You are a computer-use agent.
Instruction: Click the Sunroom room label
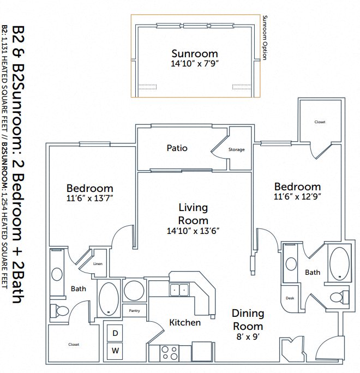click(195, 54)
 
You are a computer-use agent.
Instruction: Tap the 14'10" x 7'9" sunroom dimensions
click(195, 64)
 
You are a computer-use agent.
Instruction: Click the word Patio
click(177, 148)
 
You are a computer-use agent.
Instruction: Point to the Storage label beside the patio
click(237, 149)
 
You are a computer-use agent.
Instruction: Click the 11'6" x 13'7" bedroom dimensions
click(90, 198)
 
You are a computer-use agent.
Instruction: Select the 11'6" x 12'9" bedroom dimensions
click(297, 196)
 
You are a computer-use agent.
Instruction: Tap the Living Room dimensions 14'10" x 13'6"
click(194, 230)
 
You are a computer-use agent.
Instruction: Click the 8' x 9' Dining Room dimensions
click(248, 338)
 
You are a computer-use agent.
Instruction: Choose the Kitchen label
click(185, 322)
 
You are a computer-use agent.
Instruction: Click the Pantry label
click(134, 311)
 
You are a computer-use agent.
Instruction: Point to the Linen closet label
click(98, 264)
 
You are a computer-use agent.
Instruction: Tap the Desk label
click(290, 298)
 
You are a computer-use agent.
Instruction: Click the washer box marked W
click(116, 351)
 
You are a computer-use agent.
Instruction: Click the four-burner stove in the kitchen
click(170, 353)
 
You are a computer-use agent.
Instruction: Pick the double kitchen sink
click(179, 289)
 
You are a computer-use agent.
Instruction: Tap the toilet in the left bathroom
click(60, 311)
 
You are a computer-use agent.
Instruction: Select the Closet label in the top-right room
click(320, 122)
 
